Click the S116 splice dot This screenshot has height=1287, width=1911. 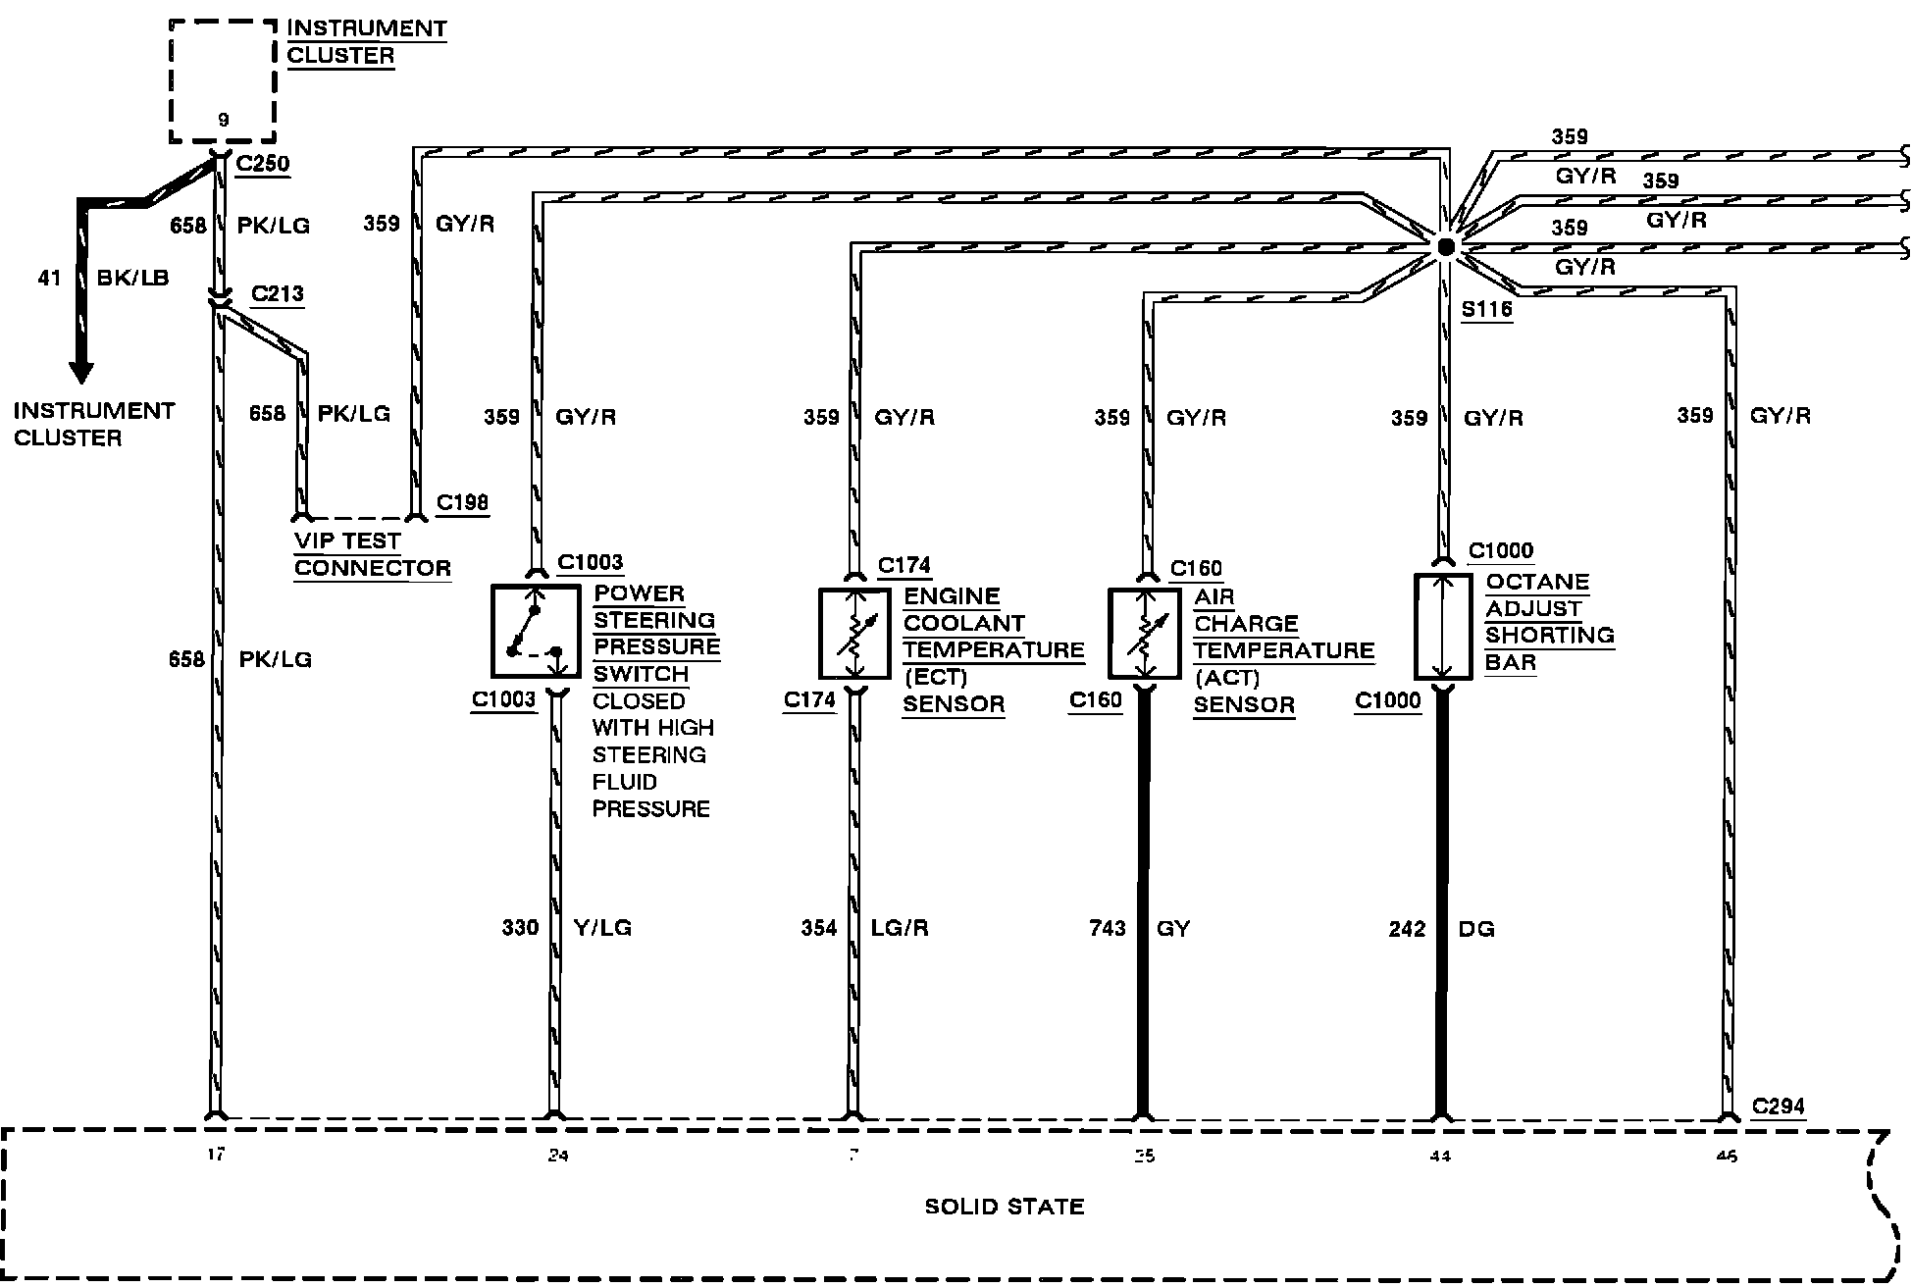[1444, 247]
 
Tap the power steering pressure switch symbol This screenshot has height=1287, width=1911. [535, 632]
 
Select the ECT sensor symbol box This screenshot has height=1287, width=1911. [854, 634]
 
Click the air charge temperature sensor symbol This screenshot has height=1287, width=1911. [1144, 634]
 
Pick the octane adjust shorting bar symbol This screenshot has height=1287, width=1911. [1442, 627]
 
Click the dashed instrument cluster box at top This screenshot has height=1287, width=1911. [223, 81]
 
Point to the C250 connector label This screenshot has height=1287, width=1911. [264, 163]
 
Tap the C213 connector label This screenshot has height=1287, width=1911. [278, 293]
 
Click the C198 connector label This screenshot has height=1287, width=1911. [462, 502]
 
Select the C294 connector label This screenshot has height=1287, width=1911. [1778, 1106]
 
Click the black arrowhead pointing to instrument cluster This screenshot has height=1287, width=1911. [81, 372]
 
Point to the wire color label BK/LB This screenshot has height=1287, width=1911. [132, 278]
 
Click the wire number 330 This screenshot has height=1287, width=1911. [521, 927]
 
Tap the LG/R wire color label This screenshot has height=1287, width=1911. [900, 928]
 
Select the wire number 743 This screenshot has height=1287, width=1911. [1108, 928]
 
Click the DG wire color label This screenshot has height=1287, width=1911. [1476, 929]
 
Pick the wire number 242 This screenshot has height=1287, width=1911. [1407, 929]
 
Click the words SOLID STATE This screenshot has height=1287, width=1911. [1005, 1207]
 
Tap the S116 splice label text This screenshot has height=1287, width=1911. [1486, 310]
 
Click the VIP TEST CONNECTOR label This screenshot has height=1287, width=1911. [373, 554]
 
